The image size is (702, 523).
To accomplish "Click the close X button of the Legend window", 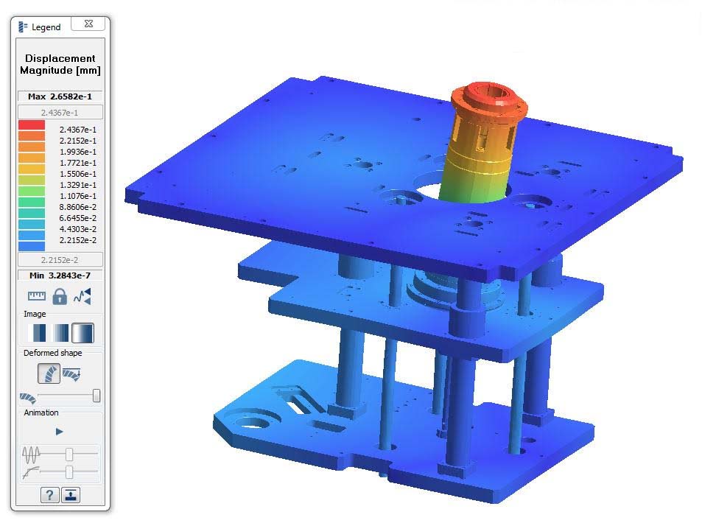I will click(88, 24).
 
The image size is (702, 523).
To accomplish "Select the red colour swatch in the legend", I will click(31, 125).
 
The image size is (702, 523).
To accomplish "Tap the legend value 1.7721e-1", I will click(78, 163).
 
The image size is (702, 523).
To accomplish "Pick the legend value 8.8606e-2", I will click(78, 207).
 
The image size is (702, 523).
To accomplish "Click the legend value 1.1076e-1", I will click(78, 196).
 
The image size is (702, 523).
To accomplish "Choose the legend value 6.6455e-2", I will click(78, 218).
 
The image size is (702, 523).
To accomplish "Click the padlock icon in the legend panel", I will click(59, 296).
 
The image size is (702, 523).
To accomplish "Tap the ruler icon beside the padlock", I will click(36, 296).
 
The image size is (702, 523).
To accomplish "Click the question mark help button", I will click(49, 495).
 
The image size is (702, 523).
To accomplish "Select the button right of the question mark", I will click(71, 495).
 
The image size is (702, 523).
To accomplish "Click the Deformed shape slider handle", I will click(96, 396).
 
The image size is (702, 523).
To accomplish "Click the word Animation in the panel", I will click(41, 413).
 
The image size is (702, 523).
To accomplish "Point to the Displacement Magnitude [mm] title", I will click(60, 64).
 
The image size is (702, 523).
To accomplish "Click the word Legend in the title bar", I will click(46, 27).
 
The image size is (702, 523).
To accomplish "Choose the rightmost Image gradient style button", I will click(83, 333).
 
